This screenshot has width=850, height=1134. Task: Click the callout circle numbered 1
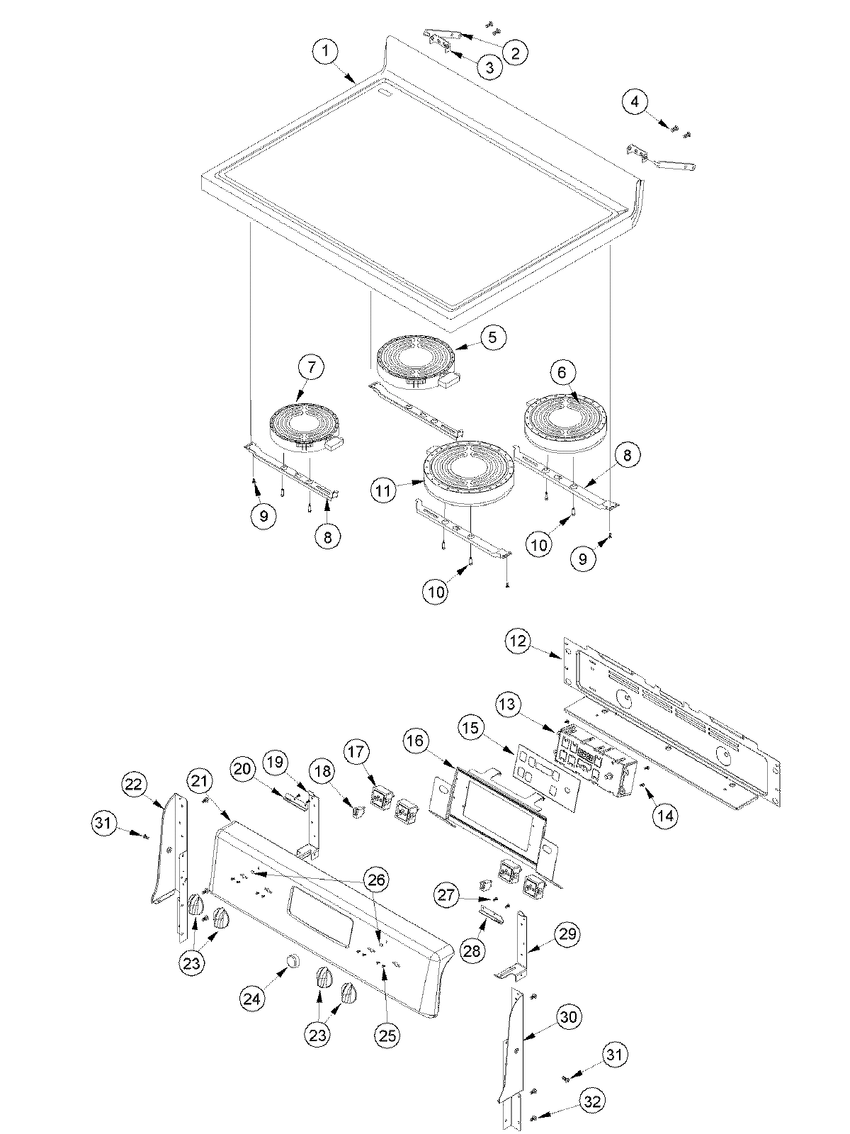[x=326, y=52]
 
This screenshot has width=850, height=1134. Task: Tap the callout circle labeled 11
[x=383, y=490]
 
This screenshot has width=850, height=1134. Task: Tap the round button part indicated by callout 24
[x=290, y=961]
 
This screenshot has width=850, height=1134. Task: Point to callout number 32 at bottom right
[x=596, y=1101]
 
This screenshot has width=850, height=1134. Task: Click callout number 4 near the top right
[x=635, y=102]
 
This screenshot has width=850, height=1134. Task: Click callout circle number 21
[x=200, y=780]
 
